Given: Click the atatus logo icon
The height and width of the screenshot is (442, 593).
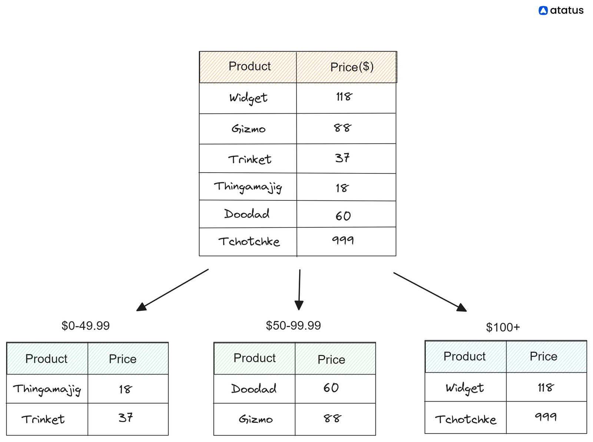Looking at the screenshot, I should coord(543,10).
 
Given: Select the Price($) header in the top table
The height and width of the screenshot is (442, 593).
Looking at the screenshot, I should coord(352,67).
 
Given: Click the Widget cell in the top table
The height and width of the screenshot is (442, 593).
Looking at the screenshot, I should coord(248,98).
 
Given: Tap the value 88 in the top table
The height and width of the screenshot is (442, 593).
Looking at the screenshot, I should coord(342,128).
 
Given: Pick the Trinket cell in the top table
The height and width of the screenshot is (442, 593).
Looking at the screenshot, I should coord(249,159).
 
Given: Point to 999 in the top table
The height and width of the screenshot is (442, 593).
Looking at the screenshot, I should coord(343,240).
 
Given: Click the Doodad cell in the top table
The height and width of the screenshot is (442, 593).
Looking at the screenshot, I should coord(247,214).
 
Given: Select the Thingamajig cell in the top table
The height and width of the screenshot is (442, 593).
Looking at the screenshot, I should coord(248,187).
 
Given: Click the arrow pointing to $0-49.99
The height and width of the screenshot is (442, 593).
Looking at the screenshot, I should coord(172,290).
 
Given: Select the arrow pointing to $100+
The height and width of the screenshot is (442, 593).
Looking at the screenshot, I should coord(430,292).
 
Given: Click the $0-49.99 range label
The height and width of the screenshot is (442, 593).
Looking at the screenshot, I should coord(86,326).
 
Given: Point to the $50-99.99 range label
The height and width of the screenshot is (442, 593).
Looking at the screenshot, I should coord(293,326).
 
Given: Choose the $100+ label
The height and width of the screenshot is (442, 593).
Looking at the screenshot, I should coord(503,328).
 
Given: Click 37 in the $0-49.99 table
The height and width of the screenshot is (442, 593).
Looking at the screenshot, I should coord(126,418).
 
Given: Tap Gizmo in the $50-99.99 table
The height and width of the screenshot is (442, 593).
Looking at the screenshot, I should coord(256,419).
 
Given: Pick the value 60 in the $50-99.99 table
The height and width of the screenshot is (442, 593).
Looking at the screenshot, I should coord(331,388).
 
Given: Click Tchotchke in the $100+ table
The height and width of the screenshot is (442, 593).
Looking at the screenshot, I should coord(466,419).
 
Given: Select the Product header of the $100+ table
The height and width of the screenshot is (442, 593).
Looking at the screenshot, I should coord(464,356).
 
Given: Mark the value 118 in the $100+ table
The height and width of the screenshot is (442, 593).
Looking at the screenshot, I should coord(546,388).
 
